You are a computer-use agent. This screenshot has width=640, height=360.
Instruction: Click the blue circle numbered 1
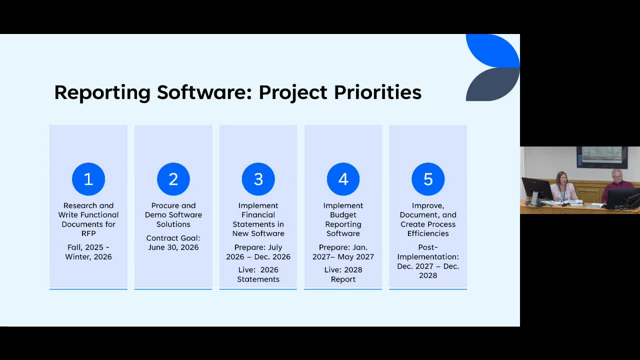pos(88,179)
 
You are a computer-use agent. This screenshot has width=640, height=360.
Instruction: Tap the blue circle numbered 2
pos(173,179)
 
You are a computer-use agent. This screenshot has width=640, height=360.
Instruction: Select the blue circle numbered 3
pos(258,179)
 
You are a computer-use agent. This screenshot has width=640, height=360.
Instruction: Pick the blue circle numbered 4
pos(343,179)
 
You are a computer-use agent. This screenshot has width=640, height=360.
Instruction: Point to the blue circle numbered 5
pos(428,179)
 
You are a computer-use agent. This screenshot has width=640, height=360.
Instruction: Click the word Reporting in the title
pos(102,93)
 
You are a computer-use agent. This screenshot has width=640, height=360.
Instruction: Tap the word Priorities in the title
pos(377,92)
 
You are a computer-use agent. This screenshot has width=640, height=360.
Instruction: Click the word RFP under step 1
pos(88,233)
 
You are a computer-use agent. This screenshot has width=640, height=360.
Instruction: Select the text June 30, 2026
pos(173,247)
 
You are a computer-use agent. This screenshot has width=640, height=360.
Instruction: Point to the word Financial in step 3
pos(258,215)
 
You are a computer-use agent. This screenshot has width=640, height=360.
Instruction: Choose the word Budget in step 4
pos(343,215)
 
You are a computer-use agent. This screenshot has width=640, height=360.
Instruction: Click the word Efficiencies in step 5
pos(428,233)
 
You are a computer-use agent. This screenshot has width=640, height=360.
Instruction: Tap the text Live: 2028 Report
pos(343,274)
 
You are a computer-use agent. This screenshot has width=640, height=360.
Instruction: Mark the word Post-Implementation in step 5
pos(428,252)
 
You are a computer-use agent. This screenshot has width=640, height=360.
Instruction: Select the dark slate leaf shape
pos(493,84)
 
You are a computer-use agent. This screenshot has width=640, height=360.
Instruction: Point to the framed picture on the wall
pos(602,157)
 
